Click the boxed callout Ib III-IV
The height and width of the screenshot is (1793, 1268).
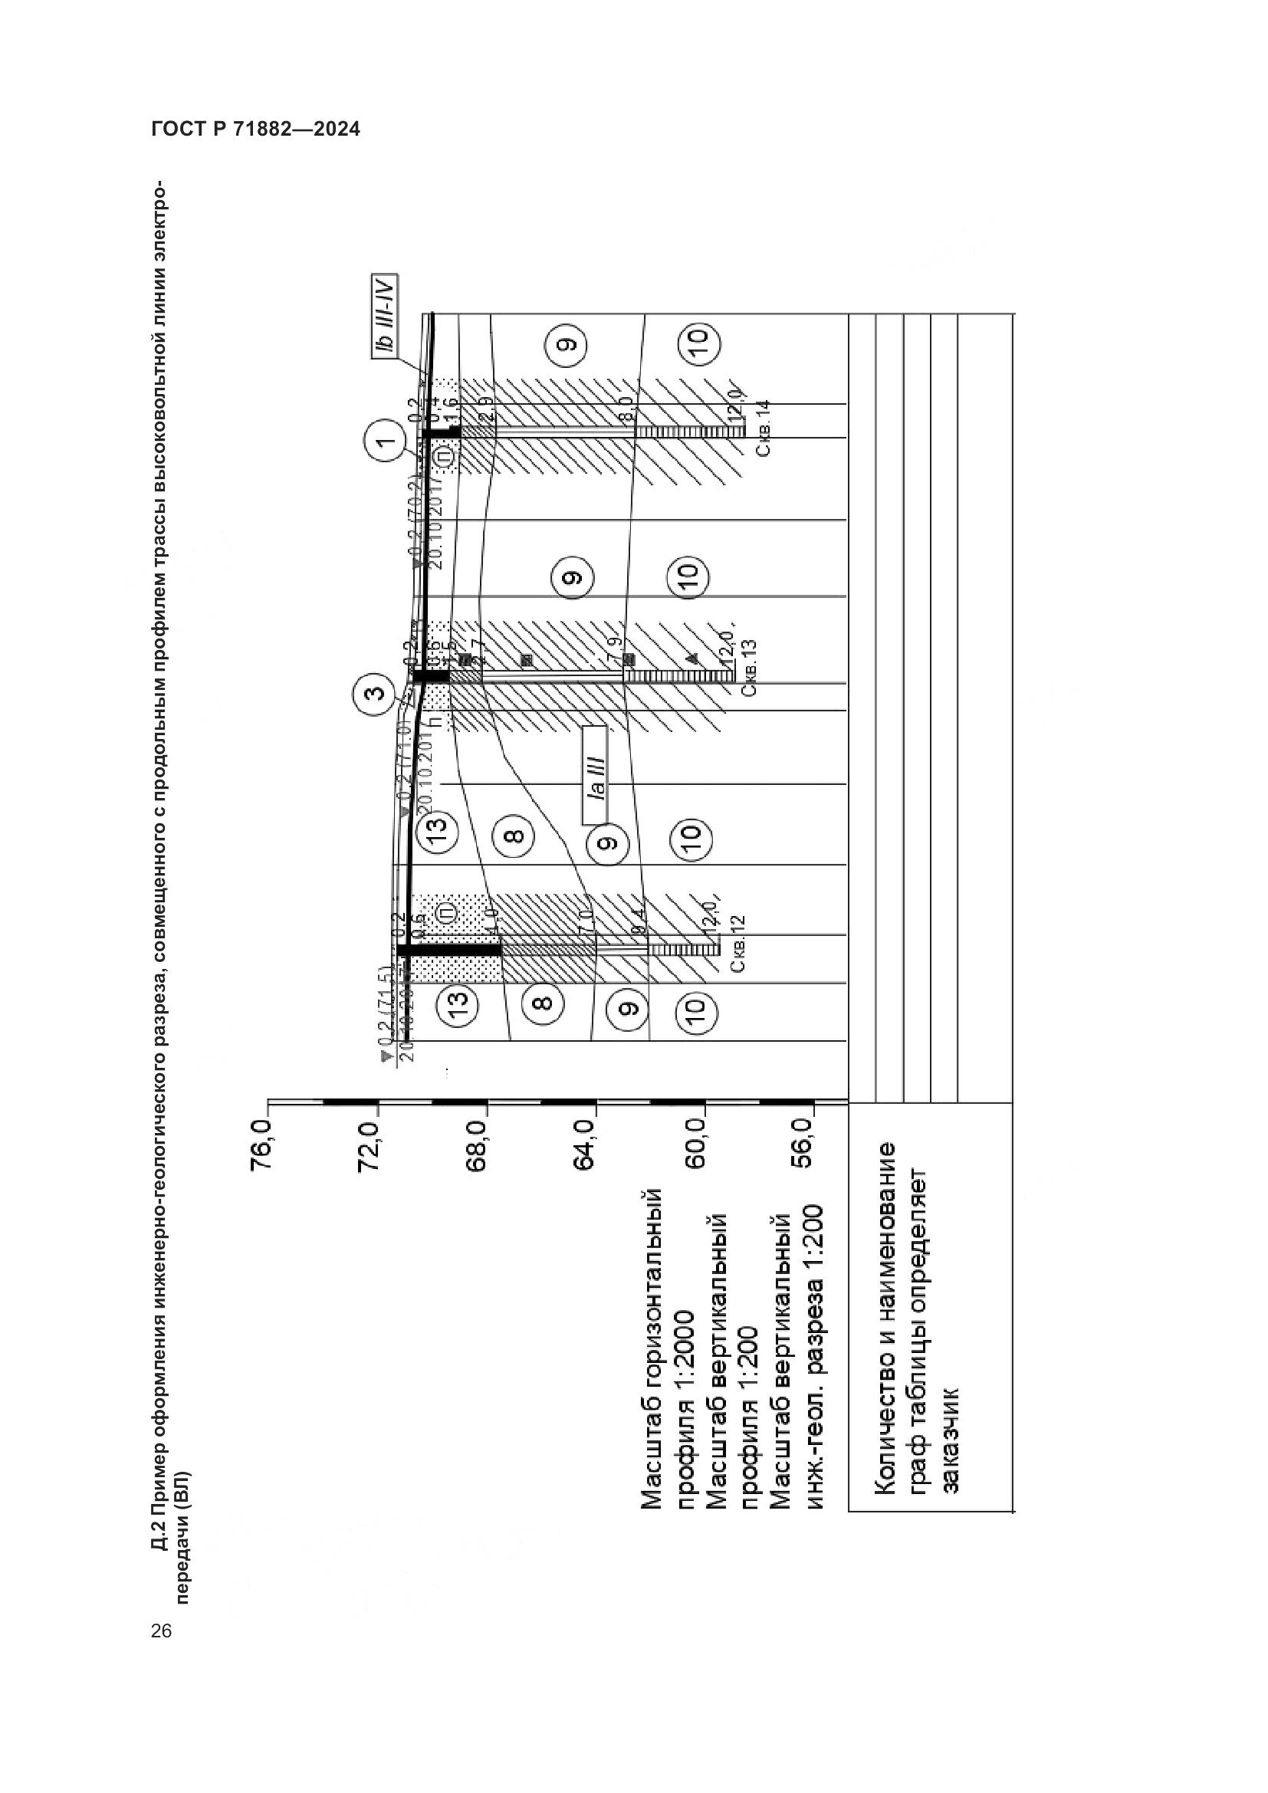click(385, 316)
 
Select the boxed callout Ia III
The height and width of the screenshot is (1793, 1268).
click(595, 776)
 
